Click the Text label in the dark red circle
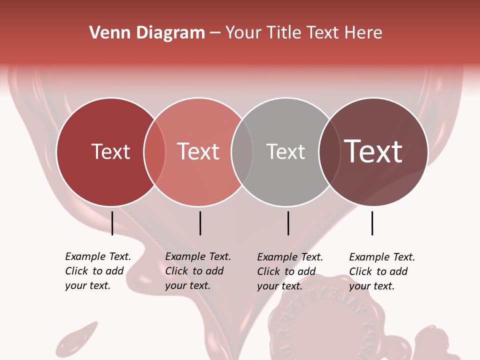110,151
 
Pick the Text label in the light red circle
198,151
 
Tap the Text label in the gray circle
285,151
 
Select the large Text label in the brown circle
373,151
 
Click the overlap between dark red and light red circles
154,152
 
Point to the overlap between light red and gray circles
242,152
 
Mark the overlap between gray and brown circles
329,152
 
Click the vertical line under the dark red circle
112,223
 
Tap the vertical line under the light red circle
200,223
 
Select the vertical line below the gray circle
288,223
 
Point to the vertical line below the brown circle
372,223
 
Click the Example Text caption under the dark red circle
97,271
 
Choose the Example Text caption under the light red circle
197,271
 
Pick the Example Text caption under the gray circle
289,271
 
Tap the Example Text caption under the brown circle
381,271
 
